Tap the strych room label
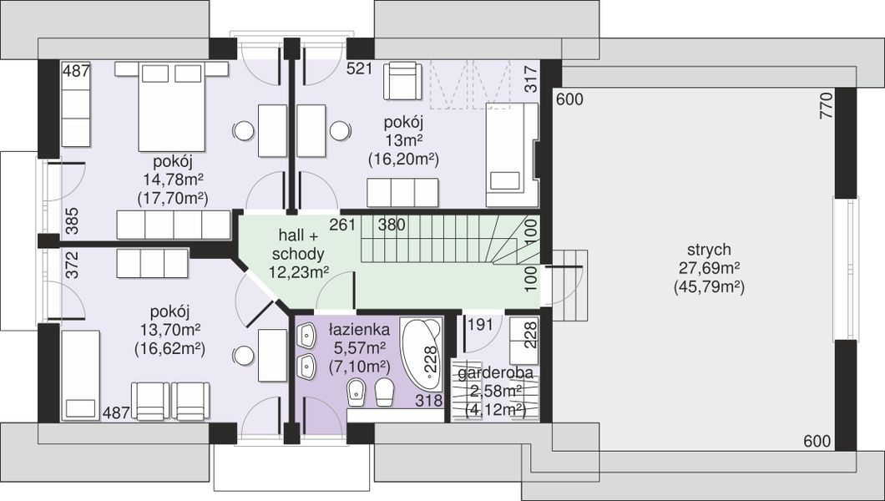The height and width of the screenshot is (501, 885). coord(709,250)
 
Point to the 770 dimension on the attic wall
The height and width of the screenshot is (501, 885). coord(826,104)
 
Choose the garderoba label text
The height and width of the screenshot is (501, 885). coord(495,373)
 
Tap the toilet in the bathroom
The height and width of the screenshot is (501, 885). coord(384,391)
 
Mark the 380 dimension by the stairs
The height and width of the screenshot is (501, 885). coord(392,225)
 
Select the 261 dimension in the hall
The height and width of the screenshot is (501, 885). coord(342,225)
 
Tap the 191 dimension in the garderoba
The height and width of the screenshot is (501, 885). coord(480,325)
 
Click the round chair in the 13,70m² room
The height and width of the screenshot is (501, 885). coord(243,356)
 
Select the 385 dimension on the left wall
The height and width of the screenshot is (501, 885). coord(73,221)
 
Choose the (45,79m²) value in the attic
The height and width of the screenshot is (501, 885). coord(709,287)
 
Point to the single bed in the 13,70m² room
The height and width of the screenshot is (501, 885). coord(80,376)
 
